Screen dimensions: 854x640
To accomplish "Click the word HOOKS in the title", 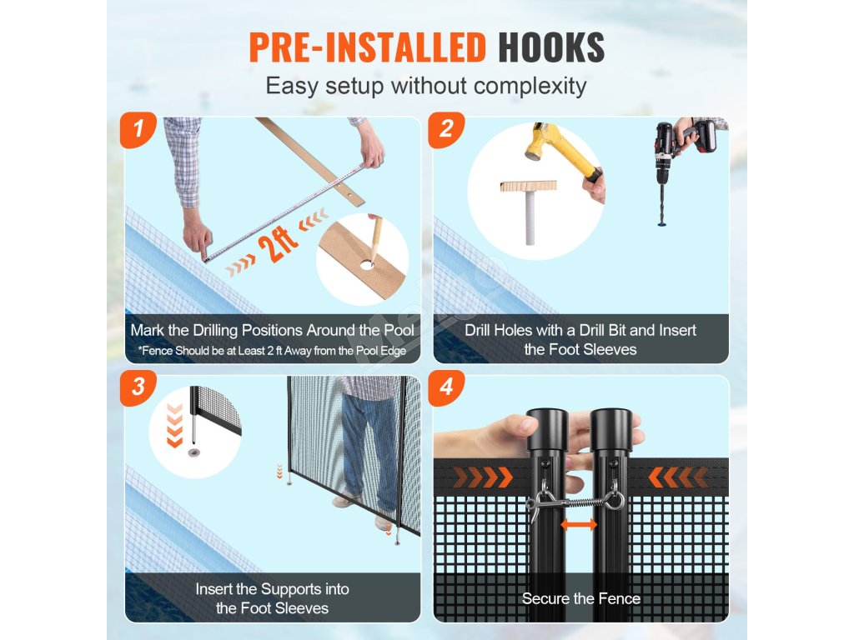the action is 551,47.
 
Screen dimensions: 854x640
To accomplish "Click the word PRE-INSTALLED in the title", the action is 368,47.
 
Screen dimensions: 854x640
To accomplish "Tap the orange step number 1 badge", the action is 138,129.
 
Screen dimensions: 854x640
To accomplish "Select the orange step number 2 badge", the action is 446,129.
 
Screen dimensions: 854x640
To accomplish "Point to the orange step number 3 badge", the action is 138,387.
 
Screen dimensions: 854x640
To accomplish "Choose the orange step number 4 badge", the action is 446,387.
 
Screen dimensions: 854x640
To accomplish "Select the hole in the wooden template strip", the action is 367,265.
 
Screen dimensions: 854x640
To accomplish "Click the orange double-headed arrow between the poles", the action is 579,525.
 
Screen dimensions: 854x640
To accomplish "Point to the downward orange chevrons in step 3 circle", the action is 174,426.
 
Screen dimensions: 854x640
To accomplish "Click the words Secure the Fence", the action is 581,598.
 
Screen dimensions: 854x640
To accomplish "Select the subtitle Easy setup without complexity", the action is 426,86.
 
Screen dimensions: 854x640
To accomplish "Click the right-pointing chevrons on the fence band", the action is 483,477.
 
